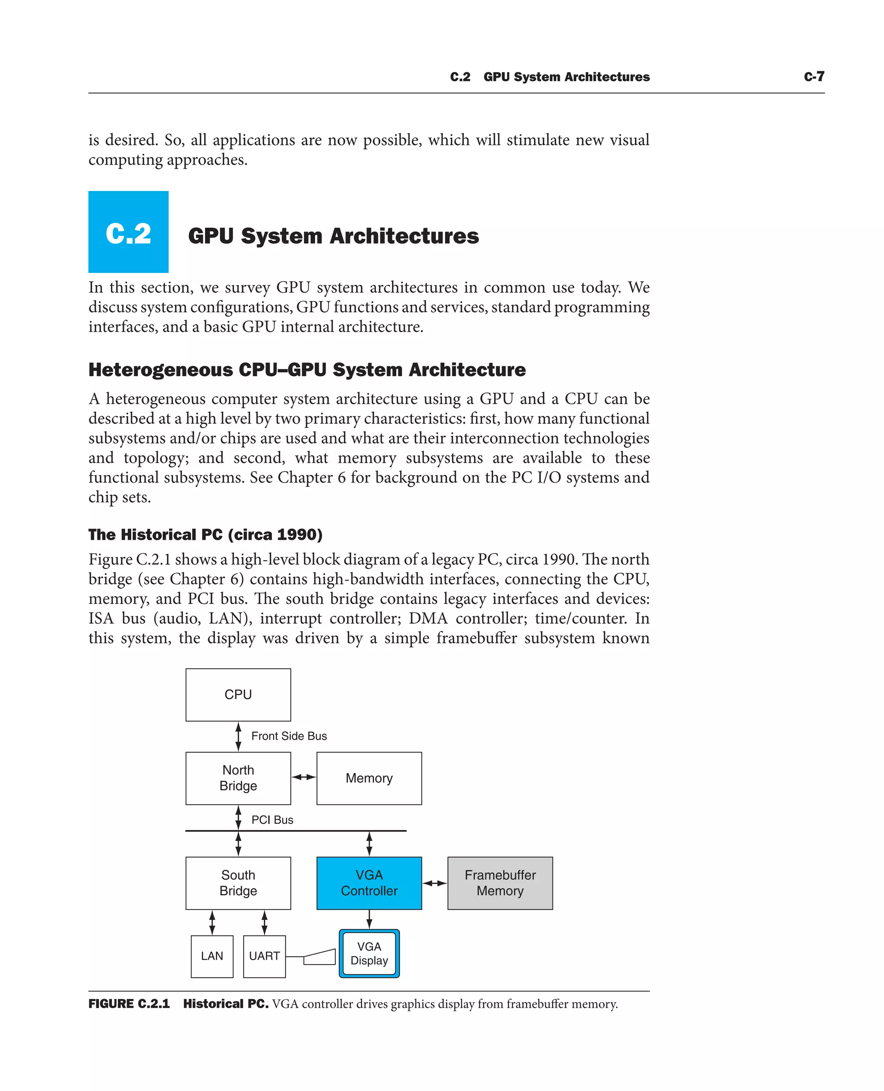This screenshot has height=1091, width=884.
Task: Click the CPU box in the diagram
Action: pos(238,695)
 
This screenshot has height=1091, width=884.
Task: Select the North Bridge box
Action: pos(238,778)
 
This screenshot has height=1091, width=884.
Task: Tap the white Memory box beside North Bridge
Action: pos(369,778)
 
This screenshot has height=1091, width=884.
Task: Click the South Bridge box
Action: pos(238,883)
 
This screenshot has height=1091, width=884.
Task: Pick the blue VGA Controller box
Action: pos(369,883)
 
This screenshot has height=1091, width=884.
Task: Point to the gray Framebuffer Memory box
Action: pos(499,883)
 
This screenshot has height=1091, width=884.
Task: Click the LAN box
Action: pos(212,956)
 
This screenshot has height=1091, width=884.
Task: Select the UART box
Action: pos(264,956)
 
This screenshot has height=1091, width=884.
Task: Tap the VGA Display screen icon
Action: pos(369,953)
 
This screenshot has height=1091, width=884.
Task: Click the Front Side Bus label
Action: pos(289,736)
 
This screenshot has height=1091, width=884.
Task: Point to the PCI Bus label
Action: pos(272,820)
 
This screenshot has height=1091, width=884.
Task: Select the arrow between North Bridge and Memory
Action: pos(303,777)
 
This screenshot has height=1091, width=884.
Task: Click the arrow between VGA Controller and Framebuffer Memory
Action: pos(434,883)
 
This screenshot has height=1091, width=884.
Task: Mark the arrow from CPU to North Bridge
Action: pos(238,736)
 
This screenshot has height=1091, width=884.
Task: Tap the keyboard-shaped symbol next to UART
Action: pos(319,957)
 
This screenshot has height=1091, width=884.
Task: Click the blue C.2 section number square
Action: pos(128,232)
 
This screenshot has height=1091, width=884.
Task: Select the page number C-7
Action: pos(814,77)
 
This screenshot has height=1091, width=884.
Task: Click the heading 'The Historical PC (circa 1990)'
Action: pos(205,535)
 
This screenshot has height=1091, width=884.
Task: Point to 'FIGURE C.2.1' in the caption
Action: pos(129,1004)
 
